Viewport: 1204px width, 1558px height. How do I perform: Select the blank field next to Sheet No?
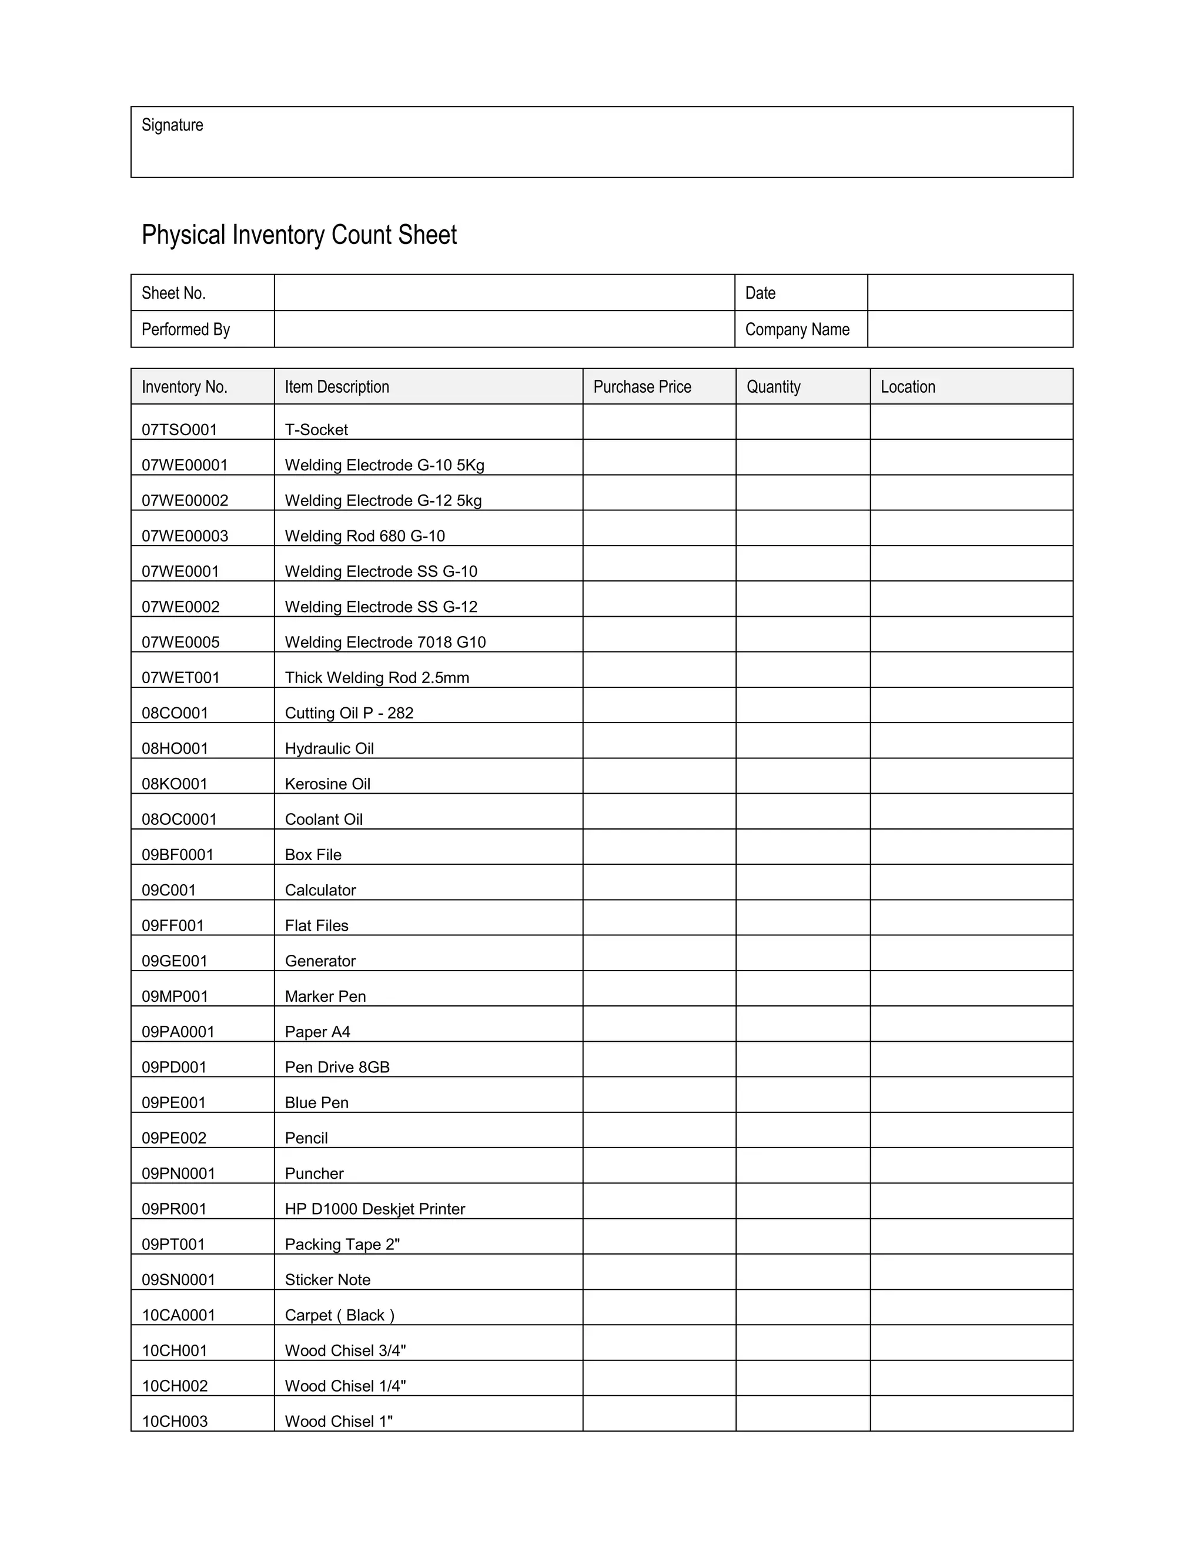(x=504, y=292)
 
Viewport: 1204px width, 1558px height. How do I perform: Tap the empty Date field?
(x=969, y=292)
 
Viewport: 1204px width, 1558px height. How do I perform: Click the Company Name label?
(x=797, y=330)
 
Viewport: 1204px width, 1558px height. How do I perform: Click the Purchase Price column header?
(x=642, y=387)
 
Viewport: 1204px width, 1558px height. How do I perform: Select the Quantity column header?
(x=773, y=387)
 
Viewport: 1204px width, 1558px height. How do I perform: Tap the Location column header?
(x=907, y=387)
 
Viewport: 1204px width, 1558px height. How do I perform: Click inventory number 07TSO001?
(x=179, y=429)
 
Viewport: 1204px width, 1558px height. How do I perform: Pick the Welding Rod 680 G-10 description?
(x=364, y=536)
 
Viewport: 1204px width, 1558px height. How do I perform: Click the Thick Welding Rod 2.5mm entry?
(x=377, y=678)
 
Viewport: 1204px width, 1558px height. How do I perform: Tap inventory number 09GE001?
(x=174, y=961)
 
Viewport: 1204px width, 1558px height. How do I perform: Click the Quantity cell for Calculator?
(x=802, y=882)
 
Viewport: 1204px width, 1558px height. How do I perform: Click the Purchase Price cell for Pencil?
(x=658, y=1130)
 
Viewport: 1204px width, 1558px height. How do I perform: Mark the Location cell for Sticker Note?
(x=971, y=1272)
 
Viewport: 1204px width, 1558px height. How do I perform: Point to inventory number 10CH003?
(x=175, y=1421)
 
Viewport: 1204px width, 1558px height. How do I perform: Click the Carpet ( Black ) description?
(x=340, y=1315)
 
